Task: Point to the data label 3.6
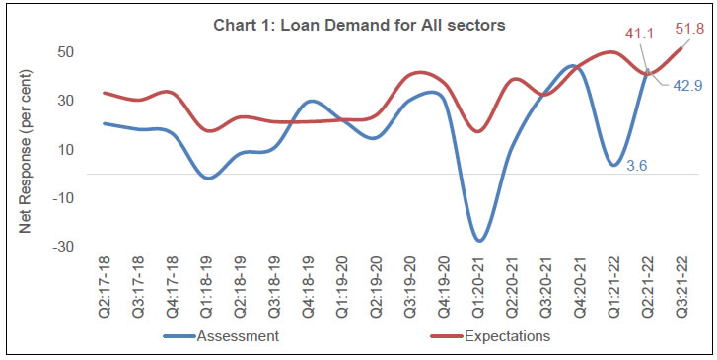pos(637,166)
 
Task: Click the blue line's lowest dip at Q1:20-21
pos(479,241)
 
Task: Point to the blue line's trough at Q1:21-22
pos(614,165)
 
